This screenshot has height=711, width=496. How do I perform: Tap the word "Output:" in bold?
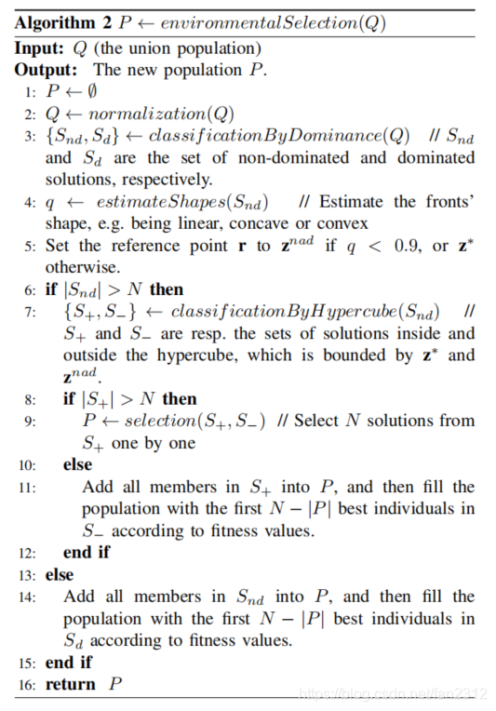point(46,69)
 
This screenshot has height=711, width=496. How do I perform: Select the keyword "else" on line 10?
point(78,463)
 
